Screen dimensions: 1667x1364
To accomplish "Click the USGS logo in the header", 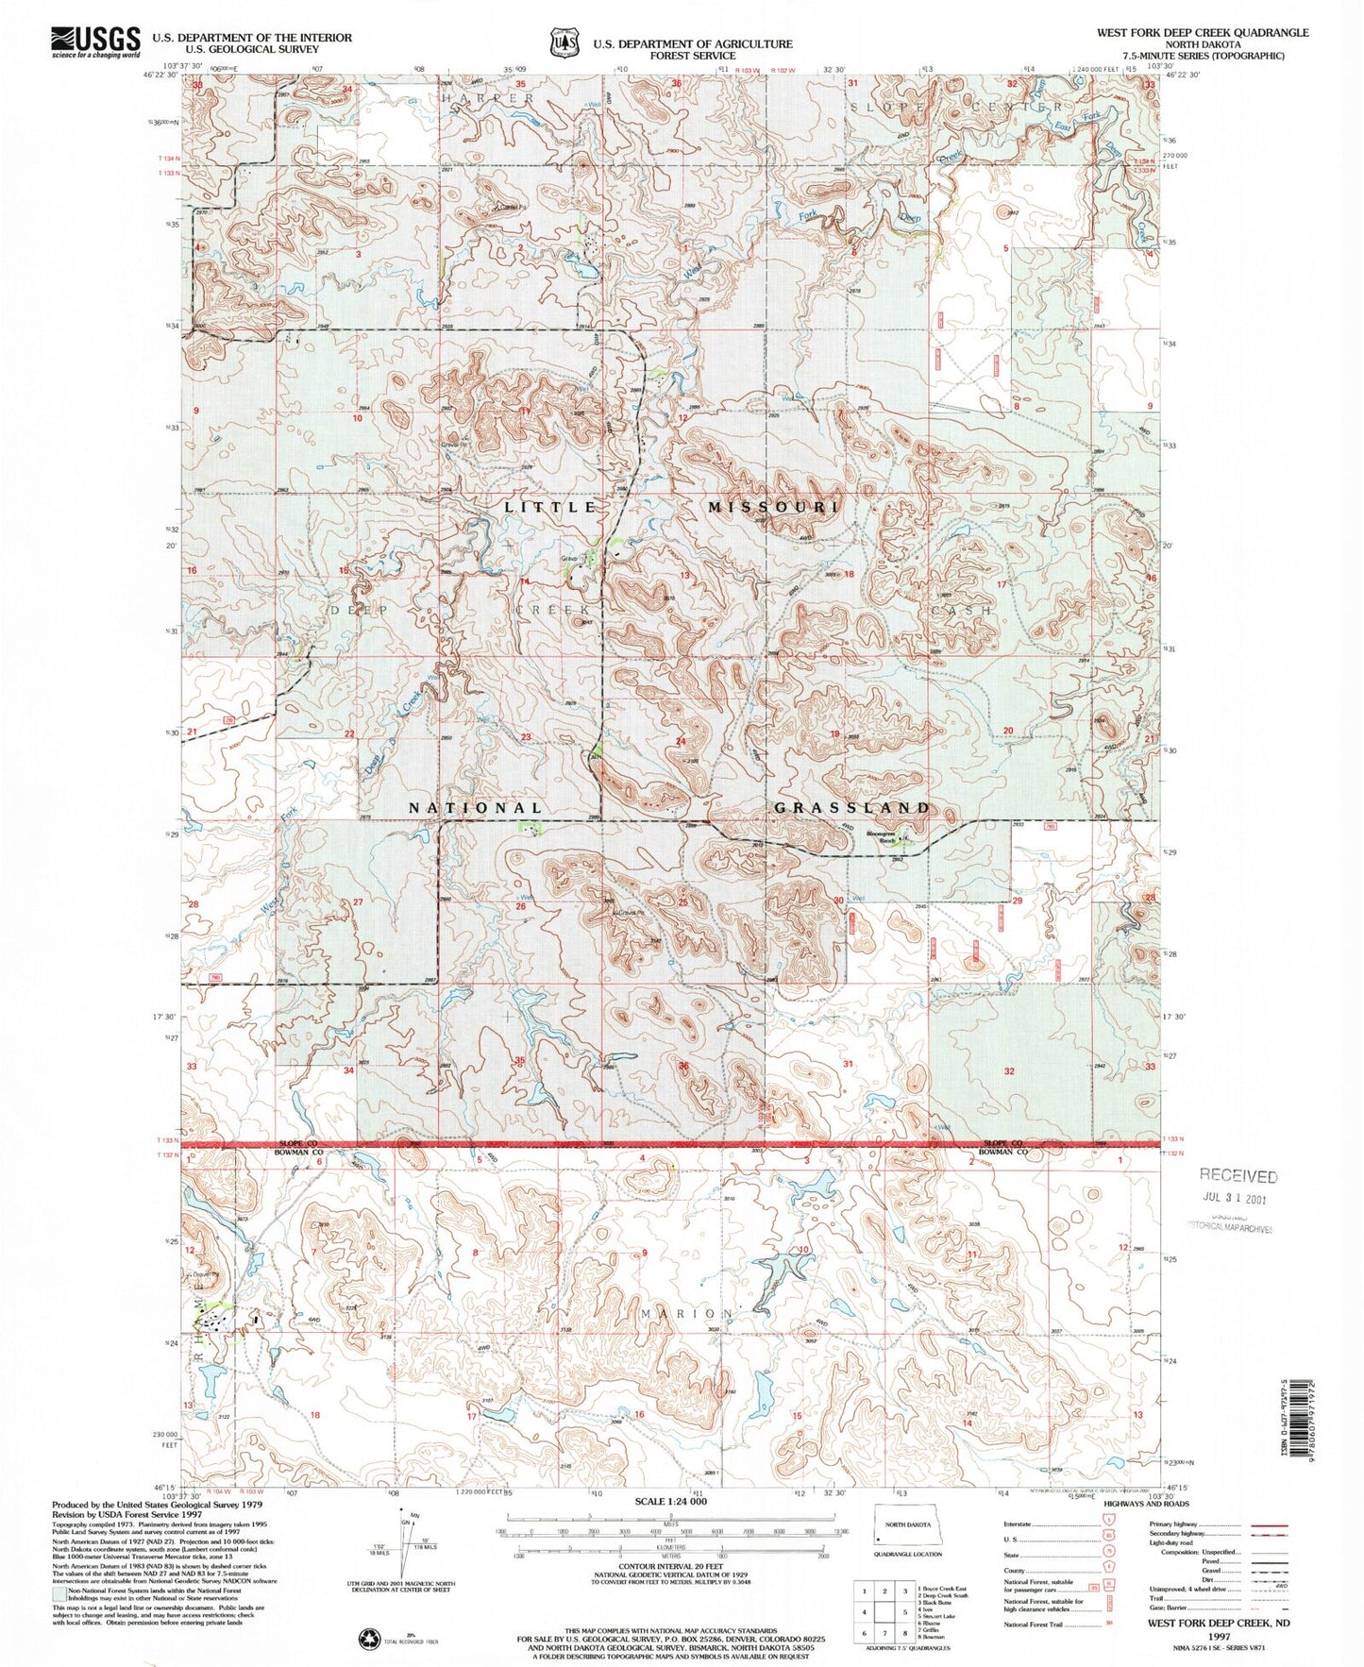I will point(94,42).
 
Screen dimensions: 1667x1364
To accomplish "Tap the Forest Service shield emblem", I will point(564,43).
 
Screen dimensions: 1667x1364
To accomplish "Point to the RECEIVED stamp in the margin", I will point(1238,1176).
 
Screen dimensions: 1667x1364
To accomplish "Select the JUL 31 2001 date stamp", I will point(1234,1198).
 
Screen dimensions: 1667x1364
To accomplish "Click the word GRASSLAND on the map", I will point(852,808).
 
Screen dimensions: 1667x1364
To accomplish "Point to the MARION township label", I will point(686,1314).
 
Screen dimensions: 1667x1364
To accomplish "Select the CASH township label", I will point(962,611).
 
